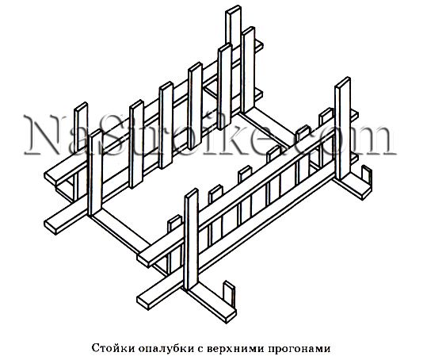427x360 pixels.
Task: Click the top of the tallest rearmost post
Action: tap(234, 9)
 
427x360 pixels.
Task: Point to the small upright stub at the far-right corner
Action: tap(366, 176)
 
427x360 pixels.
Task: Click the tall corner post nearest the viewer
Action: tap(191, 239)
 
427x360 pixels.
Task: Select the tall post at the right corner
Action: tap(342, 128)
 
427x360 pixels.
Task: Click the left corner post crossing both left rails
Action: tap(95, 173)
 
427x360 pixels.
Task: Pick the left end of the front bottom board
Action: tap(143, 302)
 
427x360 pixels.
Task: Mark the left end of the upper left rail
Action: tap(51, 177)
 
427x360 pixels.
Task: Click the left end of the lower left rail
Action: tap(51, 226)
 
